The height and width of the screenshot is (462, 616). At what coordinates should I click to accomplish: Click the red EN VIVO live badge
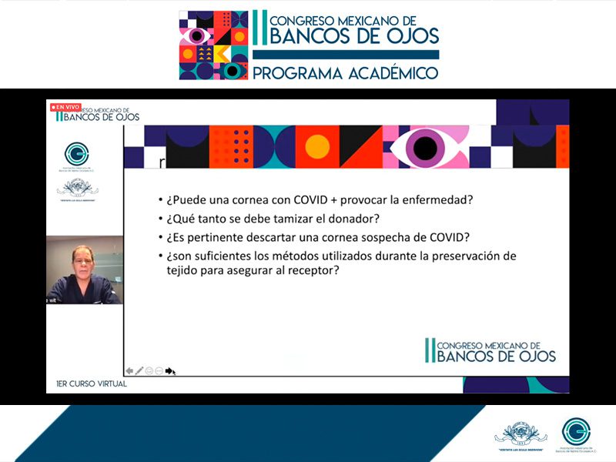65,106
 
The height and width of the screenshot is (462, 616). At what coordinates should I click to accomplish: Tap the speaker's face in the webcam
82,260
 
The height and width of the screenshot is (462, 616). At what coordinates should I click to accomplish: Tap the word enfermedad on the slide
434,200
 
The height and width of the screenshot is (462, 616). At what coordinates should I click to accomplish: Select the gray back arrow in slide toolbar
129,370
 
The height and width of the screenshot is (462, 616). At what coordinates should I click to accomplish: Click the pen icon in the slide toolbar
139,370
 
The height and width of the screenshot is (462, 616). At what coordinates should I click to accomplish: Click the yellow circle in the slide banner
317,146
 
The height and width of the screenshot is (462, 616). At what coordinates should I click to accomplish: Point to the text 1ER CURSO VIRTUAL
92,383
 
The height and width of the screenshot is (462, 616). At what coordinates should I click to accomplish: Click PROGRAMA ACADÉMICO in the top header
346,73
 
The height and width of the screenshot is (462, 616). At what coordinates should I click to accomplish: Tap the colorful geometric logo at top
213,45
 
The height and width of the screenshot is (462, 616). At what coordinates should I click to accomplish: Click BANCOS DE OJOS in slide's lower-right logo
496,356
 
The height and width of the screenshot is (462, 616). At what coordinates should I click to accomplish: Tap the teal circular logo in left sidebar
77,153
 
